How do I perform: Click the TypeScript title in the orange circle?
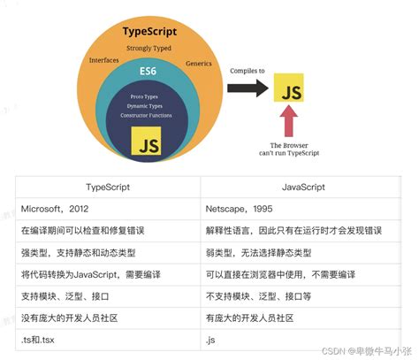pos(149,32)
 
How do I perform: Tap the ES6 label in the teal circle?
pos(148,71)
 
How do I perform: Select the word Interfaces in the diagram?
pos(104,60)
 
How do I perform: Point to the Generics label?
pos(199,64)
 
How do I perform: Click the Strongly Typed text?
pos(149,48)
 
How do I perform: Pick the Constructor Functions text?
pos(146,115)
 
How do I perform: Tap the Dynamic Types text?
pos(145,106)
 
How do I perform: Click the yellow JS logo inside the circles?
pos(146,141)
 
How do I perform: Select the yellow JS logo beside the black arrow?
pos(289,88)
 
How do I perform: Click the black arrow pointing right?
pos(248,88)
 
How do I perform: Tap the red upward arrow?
pos(289,121)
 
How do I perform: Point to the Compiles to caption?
pos(248,71)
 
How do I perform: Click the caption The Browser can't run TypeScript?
pos(289,149)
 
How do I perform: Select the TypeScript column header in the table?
pos(108,188)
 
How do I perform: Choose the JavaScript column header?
pos(303,187)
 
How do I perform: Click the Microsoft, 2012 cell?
pos(55,209)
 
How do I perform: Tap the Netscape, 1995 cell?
pos(239,209)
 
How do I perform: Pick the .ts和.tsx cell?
pos(38,340)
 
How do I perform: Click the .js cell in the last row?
pos(210,340)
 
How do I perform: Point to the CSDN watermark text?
pos(367,351)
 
